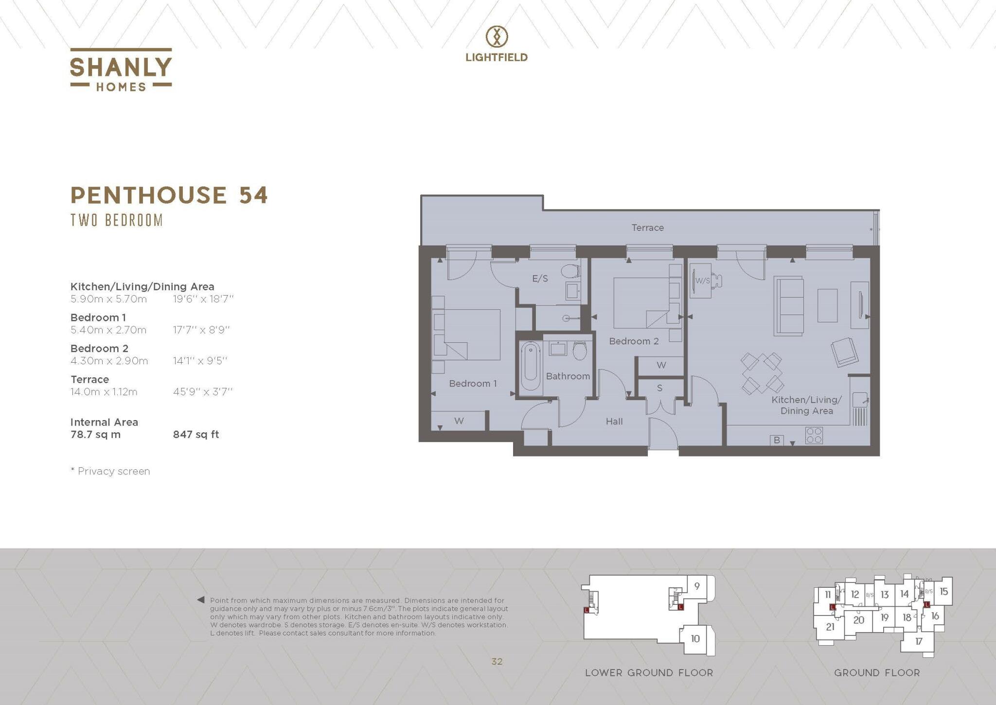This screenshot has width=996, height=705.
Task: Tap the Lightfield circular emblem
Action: [x=497, y=36]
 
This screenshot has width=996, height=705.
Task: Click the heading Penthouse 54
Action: [x=169, y=195]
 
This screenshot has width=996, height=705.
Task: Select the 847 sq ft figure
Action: [x=196, y=435]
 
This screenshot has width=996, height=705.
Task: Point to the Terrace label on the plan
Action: [x=647, y=228]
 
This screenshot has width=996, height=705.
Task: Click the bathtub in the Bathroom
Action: [x=531, y=366]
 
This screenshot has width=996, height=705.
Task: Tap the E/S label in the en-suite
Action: [x=540, y=279]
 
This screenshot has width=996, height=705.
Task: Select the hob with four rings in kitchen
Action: [x=814, y=435]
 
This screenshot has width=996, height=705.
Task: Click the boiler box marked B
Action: [x=777, y=440]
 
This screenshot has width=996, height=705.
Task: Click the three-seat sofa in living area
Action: [x=788, y=305]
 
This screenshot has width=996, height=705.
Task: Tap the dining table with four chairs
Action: [x=762, y=373]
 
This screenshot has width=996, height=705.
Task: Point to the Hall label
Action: [x=614, y=422]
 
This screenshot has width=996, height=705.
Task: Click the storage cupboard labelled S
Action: [x=659, y=388]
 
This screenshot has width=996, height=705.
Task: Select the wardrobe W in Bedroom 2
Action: [x=661, y=365]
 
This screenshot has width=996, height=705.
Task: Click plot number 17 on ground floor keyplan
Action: [x=918, y=641]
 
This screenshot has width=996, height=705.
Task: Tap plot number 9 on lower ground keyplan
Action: [x=696, y=586]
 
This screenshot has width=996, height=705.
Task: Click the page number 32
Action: [x=497, y=661]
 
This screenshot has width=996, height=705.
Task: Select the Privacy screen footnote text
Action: [x=110, y=471]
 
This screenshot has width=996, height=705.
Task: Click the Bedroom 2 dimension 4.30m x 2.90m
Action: [x=109, y=361]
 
